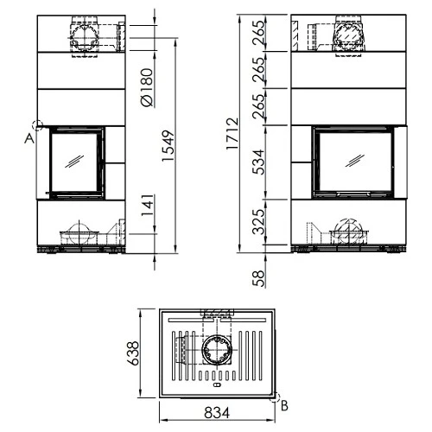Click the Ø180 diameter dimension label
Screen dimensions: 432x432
147,87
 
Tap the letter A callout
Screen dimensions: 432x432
30,137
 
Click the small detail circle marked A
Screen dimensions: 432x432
37,125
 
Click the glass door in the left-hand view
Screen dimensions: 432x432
75,161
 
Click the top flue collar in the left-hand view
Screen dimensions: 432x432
85,35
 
